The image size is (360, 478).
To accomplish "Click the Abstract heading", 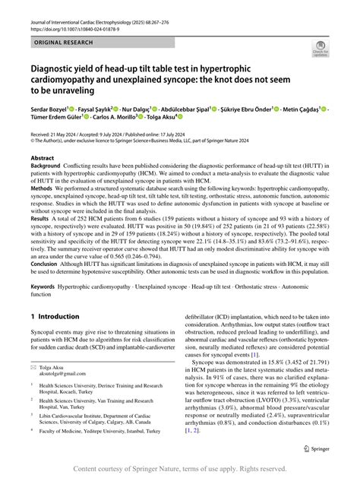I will (43, 159).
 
